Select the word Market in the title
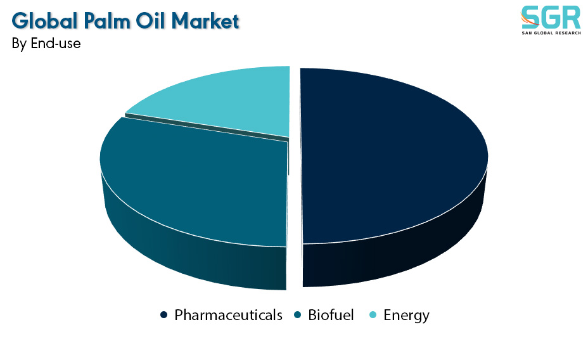coord(205,21)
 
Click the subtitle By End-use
coord(46,44)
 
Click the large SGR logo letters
coord(551,17)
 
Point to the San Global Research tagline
coord(551,33)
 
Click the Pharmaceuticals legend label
coord(228,315)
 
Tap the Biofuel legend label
coord(331,315)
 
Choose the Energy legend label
coord(407,316)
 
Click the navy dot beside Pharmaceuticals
coord(163,315)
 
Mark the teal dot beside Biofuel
coord(298,315)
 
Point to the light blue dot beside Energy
coord(373,315)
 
